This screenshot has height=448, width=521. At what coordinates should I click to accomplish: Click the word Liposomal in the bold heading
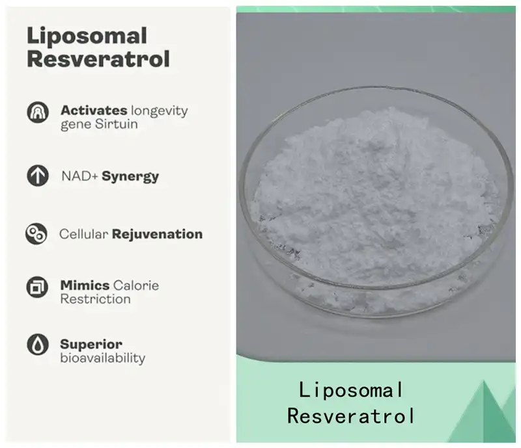pyautogui.click(x=87, y=35)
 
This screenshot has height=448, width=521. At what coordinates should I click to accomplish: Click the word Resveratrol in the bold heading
pyautogui.click(x=98, y=59)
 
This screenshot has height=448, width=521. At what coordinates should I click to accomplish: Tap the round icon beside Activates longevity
pyautogui.click(x=38, y=112)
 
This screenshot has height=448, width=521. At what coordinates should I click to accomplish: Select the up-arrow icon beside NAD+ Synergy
pyautogui.click(x=38, y=176)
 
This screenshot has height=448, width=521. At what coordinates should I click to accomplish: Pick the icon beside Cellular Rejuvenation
pyautogui.click(x=36, y=234)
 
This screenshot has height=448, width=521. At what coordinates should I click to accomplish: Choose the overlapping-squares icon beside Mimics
pyautogui.click(x=37, y=286)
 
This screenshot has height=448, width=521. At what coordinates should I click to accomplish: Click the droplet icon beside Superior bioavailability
pyautogui.click(x=38, y=344)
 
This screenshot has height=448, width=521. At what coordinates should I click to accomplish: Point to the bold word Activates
pyautogui.click(x=94, y=110)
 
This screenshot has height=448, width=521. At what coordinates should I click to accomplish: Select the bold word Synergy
pyautogui.click(x=130, y=176)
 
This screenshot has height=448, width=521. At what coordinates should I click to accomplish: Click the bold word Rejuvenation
pyautogui.click(x=157, y=234)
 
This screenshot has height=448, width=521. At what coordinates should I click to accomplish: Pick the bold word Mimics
pyautogui.click(x=85, y=285)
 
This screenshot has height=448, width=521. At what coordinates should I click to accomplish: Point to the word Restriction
pyautogui.click(x=95, y=299)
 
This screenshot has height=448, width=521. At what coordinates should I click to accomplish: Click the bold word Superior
pyautogui.click(x=91, y=344)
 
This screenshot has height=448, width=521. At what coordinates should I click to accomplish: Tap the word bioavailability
pyautogui.click(x=103, y=358)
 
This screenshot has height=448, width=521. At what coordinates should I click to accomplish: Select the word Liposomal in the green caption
pyautogui.click(x=352, y=390)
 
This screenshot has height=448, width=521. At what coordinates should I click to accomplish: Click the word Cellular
pyautogui.click(x=84, y=234)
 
